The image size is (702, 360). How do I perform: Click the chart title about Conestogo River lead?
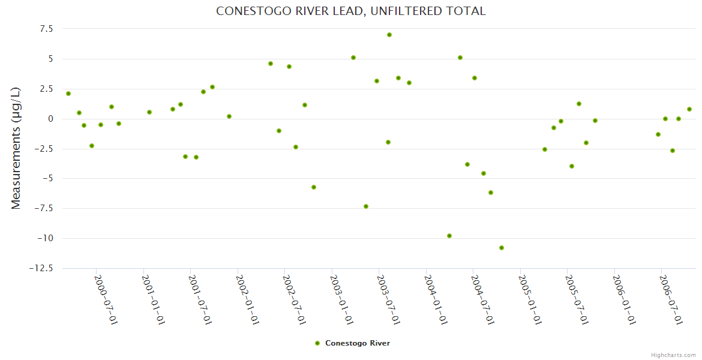(x=351, y=11)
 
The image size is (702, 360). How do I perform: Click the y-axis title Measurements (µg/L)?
(x=16, y=148)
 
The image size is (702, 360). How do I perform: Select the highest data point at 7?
(x=389, y=35)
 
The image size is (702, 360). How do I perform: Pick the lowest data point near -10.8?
(x=502, y=248)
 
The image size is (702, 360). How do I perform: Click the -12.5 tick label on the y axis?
(x=41, y=268)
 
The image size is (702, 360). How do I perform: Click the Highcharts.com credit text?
(x=673, y=355)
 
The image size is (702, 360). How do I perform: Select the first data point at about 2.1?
(x=68, y=94)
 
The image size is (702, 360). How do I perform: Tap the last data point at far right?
(x=689, y=109)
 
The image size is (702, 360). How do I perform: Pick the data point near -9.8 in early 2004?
(x=449, y=236)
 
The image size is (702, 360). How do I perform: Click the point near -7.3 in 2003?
(x=366, y=206)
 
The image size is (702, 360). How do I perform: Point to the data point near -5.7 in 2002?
(x=314, y=187)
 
